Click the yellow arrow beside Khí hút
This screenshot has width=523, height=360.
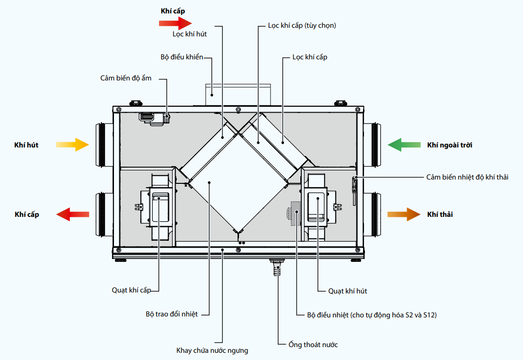[72, 145]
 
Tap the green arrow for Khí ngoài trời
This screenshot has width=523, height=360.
[404, 145]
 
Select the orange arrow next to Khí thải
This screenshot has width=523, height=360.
[404, 214]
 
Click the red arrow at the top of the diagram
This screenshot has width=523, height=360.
[175, 23]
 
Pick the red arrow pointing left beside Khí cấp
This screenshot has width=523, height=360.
[72, 214]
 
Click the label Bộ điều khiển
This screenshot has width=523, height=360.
[182, 57]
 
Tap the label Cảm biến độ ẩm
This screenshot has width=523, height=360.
[126, 78]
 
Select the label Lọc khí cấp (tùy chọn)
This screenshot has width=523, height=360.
[302, 25]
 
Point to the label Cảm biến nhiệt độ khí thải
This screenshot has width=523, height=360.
[467, 177]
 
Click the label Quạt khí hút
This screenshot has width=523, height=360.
[348, 291]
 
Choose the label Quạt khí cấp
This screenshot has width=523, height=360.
[131, 290]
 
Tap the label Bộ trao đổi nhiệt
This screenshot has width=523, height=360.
[172, 314]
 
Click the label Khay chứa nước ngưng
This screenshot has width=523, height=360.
[212, 350]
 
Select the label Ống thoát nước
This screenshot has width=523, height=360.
[313, 344]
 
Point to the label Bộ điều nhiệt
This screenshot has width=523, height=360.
[328, 315]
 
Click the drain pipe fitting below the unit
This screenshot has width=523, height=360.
[276, 267]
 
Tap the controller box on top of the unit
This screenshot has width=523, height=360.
[238, 95]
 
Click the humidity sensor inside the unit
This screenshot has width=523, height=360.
[154, 119]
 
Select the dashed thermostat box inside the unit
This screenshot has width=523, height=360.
[296, 214]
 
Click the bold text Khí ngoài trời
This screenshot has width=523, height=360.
[450, 145]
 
